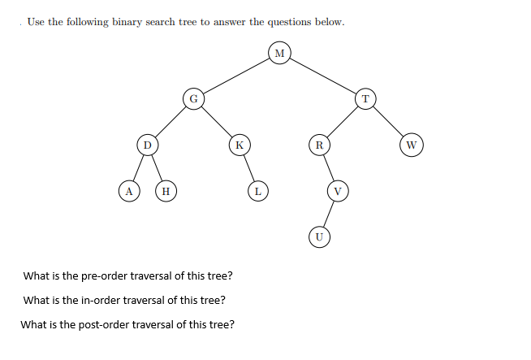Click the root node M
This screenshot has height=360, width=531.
click(279, 54)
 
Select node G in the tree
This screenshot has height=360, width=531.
click(192, 100)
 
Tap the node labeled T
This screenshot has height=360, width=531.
click(365, 99)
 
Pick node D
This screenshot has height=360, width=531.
click(146, 145)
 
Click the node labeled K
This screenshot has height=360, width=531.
click(239, 145)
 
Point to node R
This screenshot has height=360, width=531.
click(319, 145)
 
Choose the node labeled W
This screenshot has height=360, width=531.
click(412, 145)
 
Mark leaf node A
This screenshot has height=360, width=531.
click(127, 191)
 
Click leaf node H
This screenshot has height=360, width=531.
click(166, 191)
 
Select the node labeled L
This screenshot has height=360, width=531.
click(257, 191)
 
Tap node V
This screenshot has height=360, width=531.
click(338, 191)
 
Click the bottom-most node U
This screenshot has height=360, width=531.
click(319, 236)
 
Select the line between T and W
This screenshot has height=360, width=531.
click(389, 123)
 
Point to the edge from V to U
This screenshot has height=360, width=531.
click(329, 214)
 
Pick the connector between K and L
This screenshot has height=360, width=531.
click(248, 168)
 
